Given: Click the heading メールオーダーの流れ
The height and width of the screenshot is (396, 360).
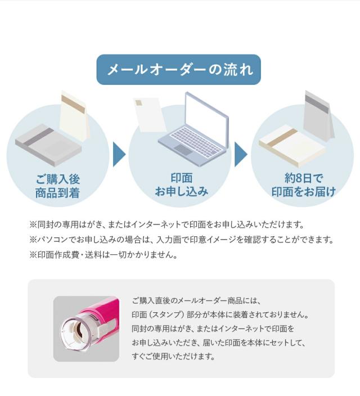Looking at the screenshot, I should click(178, 70).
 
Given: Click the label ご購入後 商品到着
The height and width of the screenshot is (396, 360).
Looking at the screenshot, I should click(57, 186).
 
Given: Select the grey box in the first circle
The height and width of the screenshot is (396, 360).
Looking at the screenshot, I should click(47, 146).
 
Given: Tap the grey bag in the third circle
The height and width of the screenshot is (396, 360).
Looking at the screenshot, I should click(318, 115).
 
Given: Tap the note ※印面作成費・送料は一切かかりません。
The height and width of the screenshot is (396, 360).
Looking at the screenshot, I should click(103, 254).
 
